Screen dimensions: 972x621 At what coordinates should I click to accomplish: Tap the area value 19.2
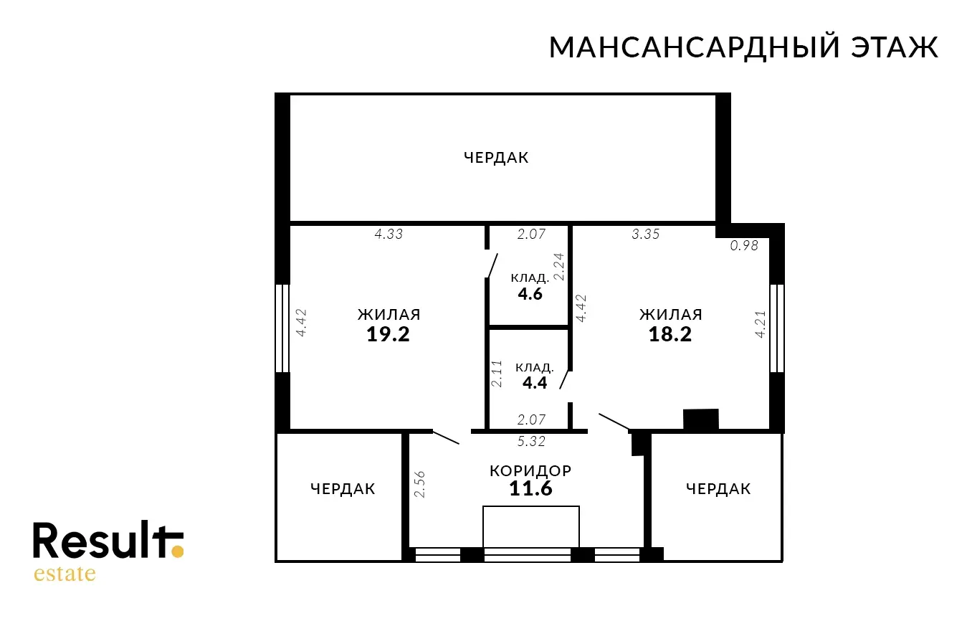pyautogui.click(x=388, y=334)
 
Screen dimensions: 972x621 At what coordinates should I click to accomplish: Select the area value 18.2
pyautogui.click(x=670, y=334)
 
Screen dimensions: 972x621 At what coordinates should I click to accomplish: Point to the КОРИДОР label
pyautogui.click(x=530, y=471)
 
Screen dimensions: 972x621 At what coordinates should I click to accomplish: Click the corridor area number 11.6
pyautogui.click(x=530, y=488)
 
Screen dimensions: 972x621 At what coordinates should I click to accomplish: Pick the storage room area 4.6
pyautogui.click(x=530, y=294)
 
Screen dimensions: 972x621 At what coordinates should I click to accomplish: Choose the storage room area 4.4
pyautogui.click(x=535, y=383)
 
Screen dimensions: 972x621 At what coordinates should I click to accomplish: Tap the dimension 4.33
pyautogui.click(x=389, y=234)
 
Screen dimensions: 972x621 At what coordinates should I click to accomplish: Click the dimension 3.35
pyautogui.click(x=645, y=234)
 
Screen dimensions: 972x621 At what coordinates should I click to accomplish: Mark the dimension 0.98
pyautogui.click(x=744, y=246)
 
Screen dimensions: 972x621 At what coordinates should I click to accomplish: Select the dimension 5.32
pyautogui.click(x=531, y=441)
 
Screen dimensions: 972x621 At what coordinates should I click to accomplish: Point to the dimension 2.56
pyautogui.click(x=419, y=484)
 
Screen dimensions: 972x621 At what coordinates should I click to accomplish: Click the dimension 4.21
pyautogui.click(x=761, y=324)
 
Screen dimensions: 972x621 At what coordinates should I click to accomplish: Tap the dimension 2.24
pyautogui.click(x=559, y=267)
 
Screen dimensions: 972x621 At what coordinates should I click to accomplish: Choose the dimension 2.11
pyautogui.click(x=497, y=373)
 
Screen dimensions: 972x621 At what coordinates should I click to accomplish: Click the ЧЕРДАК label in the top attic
pyautogui.click(x=496, y=158)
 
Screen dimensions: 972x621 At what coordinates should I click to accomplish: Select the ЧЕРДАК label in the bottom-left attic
pyautogui.click(x=343, y=489)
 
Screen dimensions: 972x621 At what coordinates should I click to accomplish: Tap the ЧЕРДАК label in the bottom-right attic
pyautogui.click(x=718, y=489)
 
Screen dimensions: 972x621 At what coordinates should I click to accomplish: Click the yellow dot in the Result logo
pyautogui.click(x=178, y=551)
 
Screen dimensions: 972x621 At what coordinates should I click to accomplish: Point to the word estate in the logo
pyautogui.click(x=65, y=573)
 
